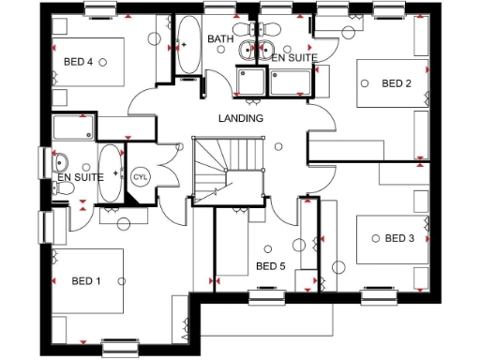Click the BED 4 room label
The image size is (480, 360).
tap(78, 62)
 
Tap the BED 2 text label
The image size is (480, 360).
tap(397, 83)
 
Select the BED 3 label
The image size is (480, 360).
tap(399, 238)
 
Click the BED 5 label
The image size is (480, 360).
tap(271, 266)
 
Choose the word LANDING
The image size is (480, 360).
tap(241, 118)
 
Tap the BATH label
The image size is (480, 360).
tap(220, 39)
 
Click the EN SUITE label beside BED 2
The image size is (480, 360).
tap(294, 57)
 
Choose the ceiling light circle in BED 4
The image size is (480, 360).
tap(103, 62)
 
